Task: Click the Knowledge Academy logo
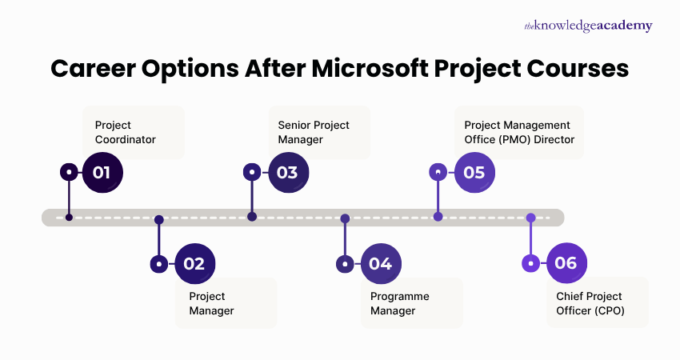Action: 588,26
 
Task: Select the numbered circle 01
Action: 102,172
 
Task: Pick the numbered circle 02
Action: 194,263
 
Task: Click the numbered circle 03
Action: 287,172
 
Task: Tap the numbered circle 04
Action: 380,263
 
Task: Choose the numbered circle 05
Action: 474,172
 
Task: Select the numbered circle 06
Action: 566,263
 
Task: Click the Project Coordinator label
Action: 125,132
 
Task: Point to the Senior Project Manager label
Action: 313,132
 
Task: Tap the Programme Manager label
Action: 399,303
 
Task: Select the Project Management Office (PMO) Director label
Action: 519,132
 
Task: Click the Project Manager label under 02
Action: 211,303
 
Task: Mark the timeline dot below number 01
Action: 70,217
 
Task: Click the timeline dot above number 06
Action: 530,218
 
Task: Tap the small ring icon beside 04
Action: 345,263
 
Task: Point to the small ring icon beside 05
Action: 438,172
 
